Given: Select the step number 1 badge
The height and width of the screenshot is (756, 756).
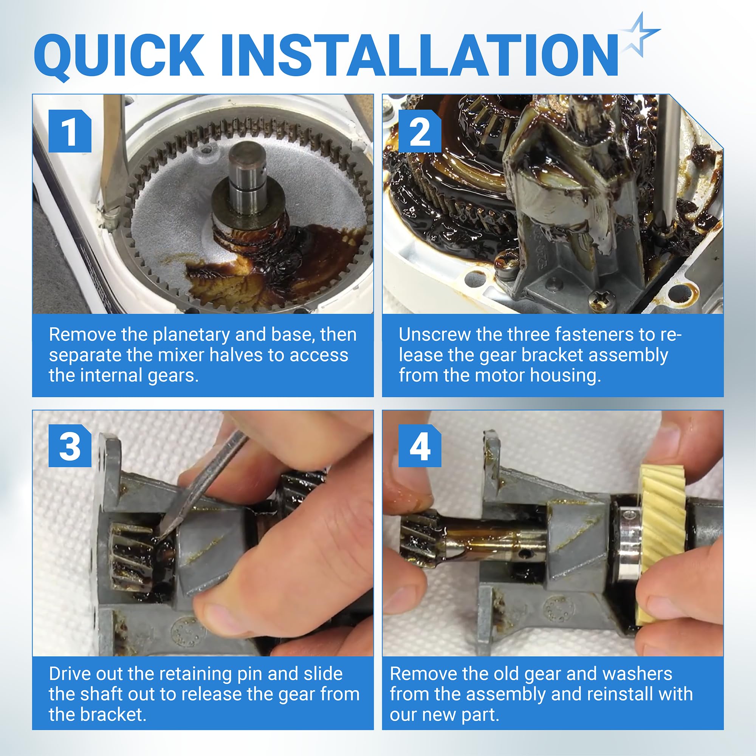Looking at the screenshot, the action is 70,131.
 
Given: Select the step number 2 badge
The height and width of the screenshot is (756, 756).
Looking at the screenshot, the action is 420,131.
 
